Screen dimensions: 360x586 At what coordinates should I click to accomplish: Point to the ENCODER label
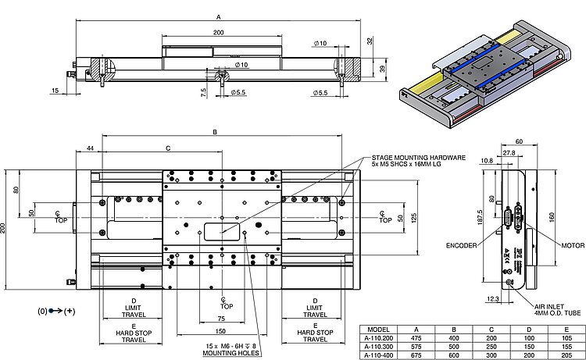pos(462,245)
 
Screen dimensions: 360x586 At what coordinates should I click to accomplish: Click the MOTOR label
pos(573,245)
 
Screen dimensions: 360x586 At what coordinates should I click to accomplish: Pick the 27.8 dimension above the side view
pos(509,154)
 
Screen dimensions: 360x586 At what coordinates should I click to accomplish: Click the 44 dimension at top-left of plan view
pos(91,148)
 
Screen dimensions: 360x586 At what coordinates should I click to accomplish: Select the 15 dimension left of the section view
pos(55,91)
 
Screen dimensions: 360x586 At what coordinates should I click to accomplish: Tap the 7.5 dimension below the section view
pos(203,91)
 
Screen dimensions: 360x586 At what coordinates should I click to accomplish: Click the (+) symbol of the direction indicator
pos(70,310)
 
